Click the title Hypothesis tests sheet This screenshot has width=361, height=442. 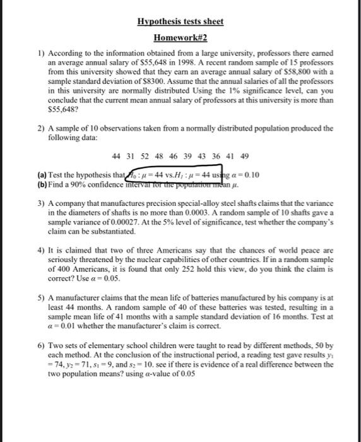coord(180,21)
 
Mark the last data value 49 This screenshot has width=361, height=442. coord(245,156)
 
